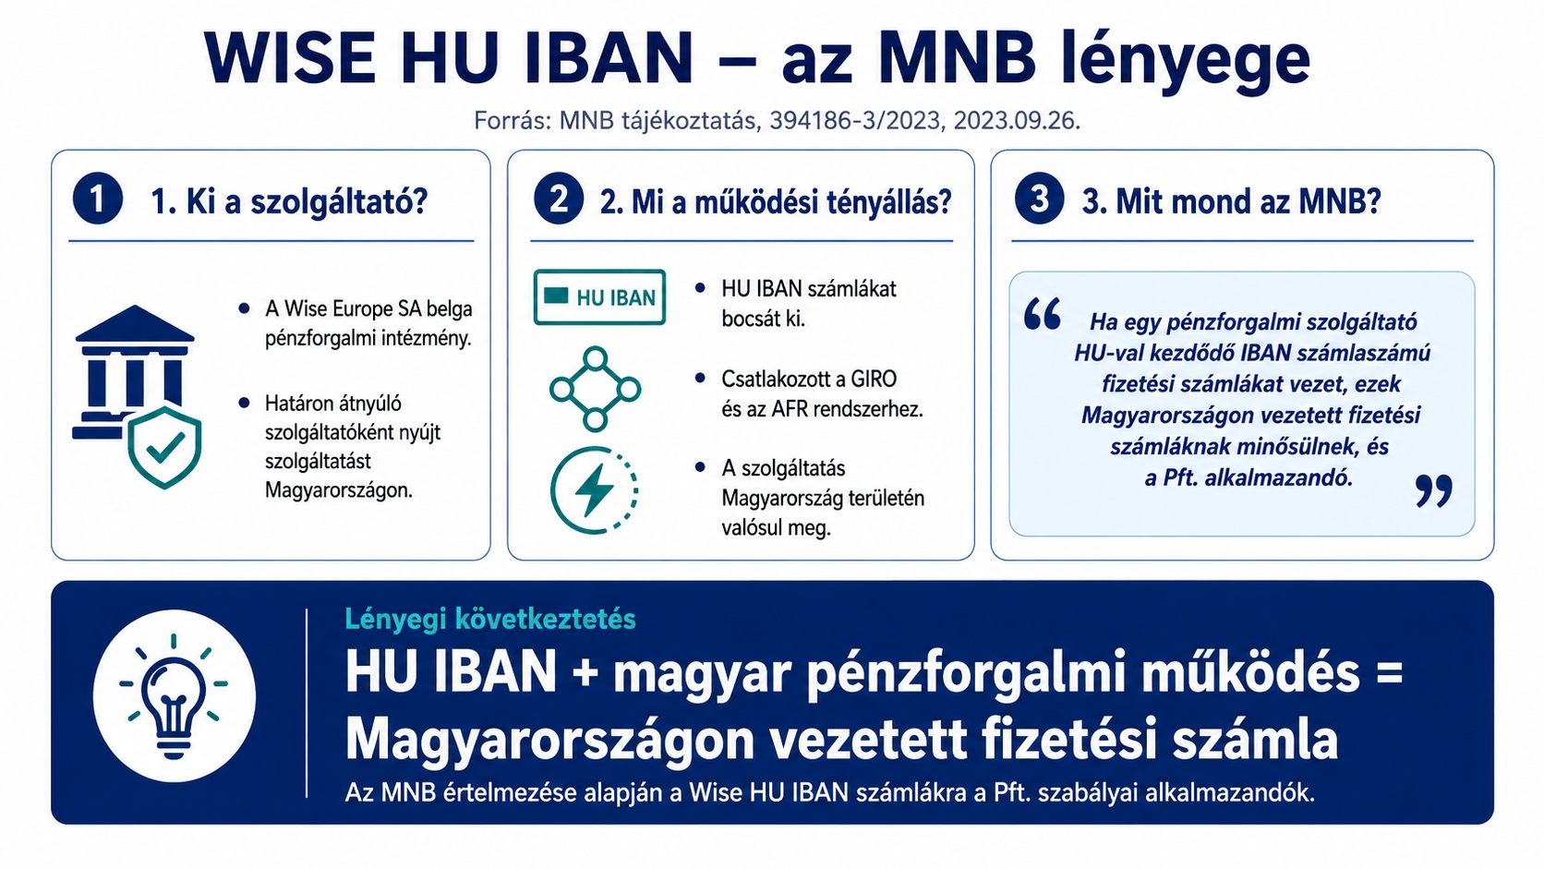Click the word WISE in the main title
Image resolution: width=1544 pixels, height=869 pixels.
click(290, 58)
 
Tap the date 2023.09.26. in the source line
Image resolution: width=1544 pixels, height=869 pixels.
click(1017, 121)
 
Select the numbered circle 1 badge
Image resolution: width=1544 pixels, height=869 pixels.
click(98, 199)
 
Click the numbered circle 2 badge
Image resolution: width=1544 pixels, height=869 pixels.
click(559, 199)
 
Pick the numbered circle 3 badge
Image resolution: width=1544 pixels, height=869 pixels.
click(1039, 199)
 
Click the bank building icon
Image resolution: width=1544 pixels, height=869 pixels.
click(132, 372)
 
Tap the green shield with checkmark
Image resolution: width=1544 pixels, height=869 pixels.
click(164, 447)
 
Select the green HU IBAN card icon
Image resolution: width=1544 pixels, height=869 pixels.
click(599, 297)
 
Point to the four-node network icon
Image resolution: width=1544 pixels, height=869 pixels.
click(595, 390)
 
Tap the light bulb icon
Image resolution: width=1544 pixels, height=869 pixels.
click(174, 696)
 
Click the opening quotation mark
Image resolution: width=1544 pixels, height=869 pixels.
click(1042, 314)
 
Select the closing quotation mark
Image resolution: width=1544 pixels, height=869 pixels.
click(1434, 490)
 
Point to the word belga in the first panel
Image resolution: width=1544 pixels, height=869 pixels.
click(449, 308)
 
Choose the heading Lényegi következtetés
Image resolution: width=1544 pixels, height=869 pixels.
click(490, 619)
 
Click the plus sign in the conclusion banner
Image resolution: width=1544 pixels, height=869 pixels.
click(585, 673)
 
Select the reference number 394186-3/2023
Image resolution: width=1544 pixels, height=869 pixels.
click(855, 121)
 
